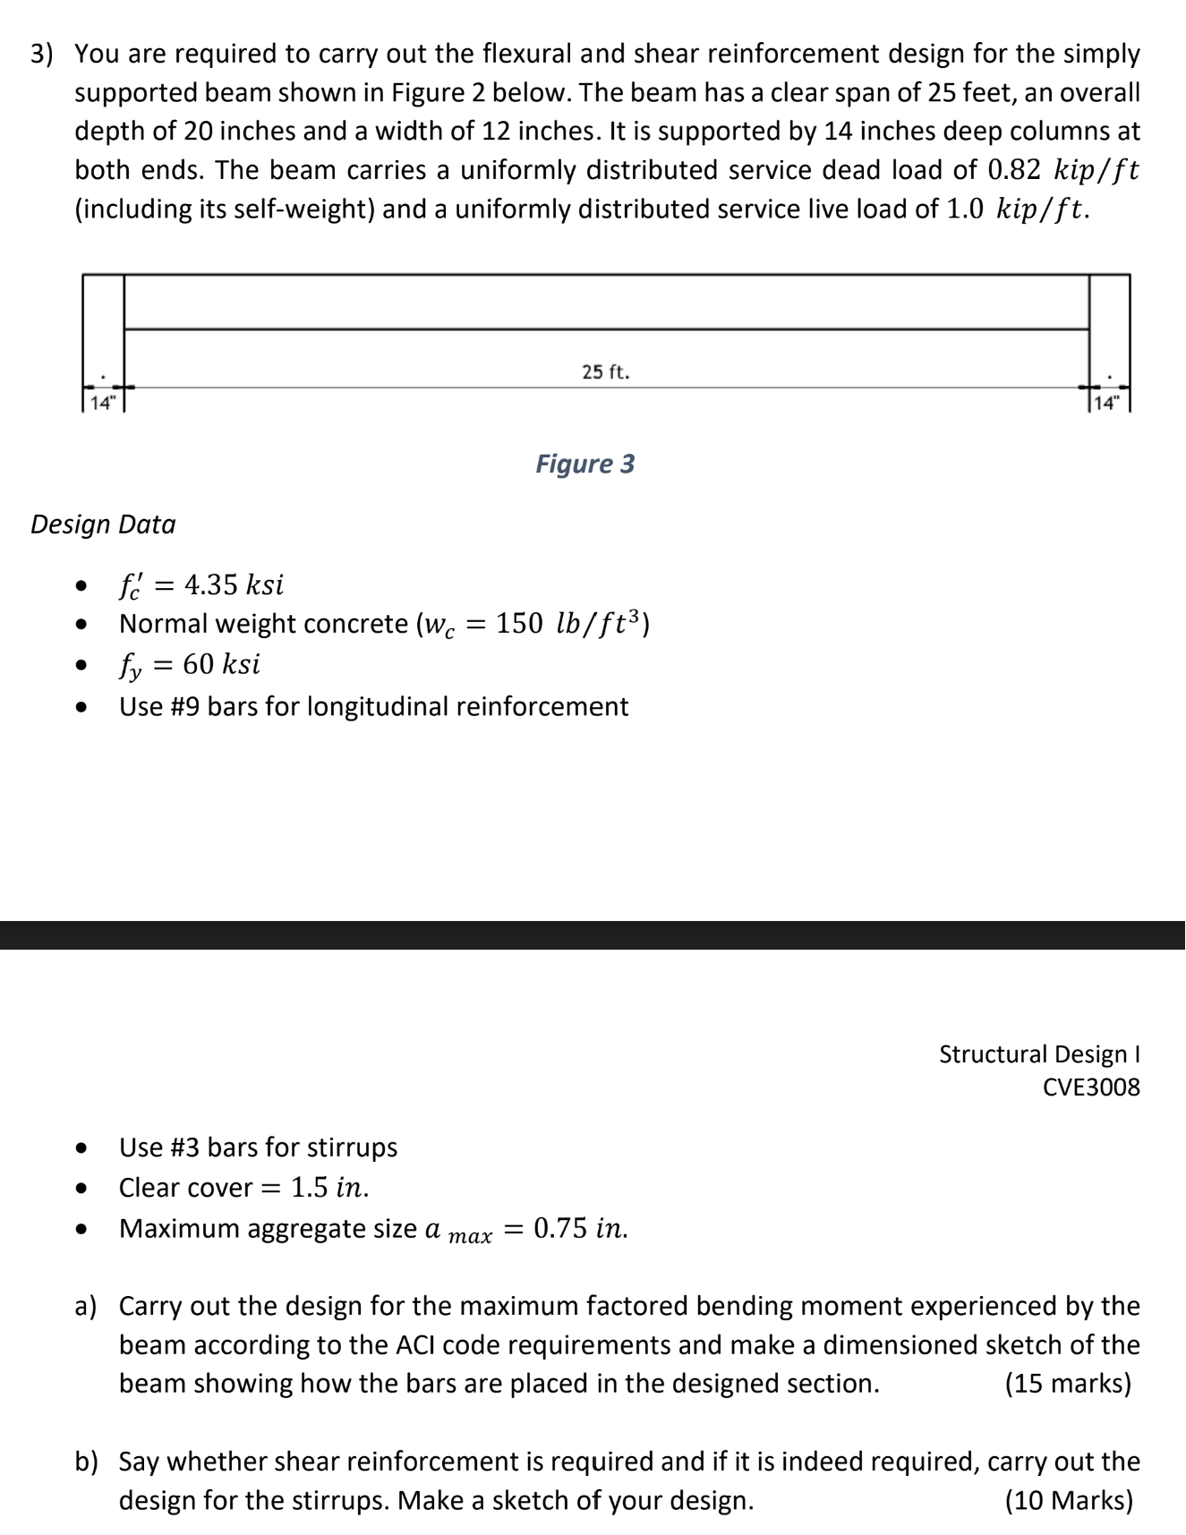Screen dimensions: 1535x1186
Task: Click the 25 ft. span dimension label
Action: click(x=606, y=371)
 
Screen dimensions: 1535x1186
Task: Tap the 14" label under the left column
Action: click(x=102, y=402)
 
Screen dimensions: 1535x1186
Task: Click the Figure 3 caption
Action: click(x=585, y=464)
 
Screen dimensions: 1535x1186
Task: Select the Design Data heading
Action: click(x=103, y=524)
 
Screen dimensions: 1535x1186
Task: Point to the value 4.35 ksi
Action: click(x=234, y=585)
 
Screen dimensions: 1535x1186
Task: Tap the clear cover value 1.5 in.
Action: click(x=330, y=1188)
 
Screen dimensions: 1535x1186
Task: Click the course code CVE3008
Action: click(x=1091, y=1087)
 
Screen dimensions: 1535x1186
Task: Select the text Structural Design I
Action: click(x=1039, y=1054)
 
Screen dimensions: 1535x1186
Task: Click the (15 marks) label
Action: click(x=1068, y=1384)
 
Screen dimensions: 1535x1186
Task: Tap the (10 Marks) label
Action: click(x=1069, y=1500)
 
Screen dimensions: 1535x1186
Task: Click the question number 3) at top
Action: click(x=42, y=55)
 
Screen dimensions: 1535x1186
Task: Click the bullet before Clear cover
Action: click(x=82, y=1189)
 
